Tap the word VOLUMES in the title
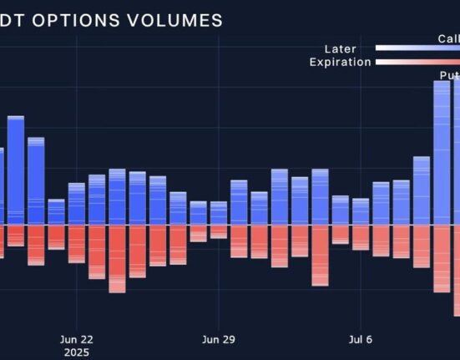tap(175, 20)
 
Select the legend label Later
tap(340, 49)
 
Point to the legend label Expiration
tap(340, 62)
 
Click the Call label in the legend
tap(448, 38)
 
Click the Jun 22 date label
tap(77, 339)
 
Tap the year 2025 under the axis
tap(77, 352)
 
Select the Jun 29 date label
tap(218, 339)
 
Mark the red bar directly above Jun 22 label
tap(77, 243)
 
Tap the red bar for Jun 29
tap(218, 231)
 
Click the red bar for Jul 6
tap(361, 237)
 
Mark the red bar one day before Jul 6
tap(340, 234)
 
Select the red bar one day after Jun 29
tap(239, 241)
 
